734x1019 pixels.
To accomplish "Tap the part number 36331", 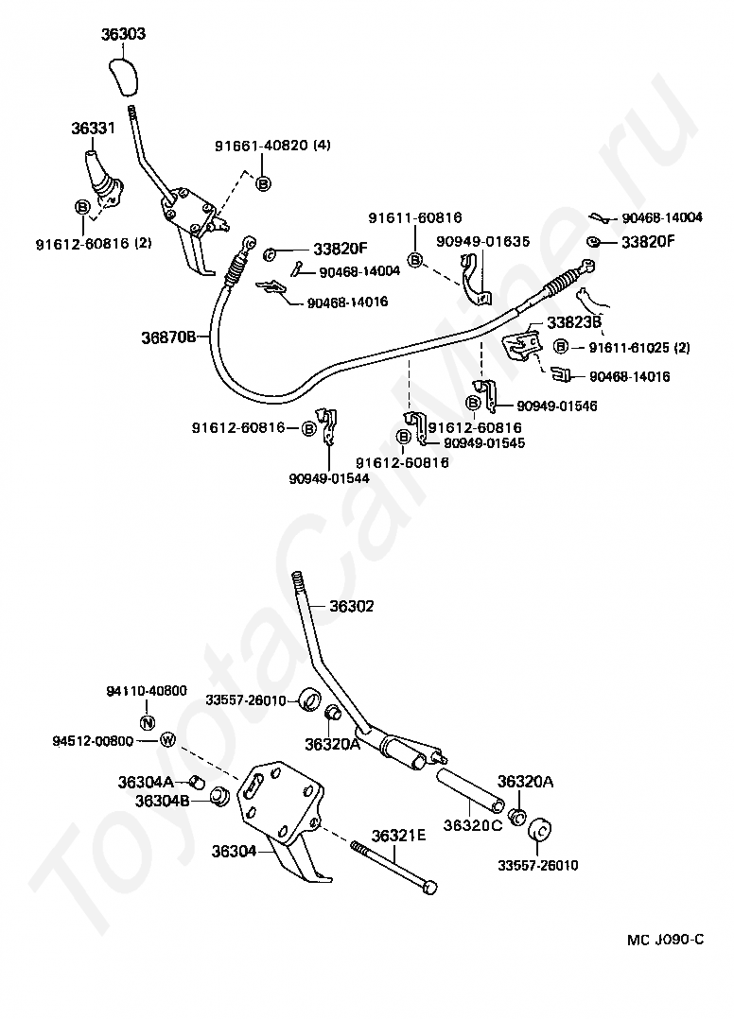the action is pos(93,128).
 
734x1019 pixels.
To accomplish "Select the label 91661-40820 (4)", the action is pos(272,146).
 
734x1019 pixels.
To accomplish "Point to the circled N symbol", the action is pos(148,721).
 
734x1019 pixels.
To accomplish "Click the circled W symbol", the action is pos(167,739).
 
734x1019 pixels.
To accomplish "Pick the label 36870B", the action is pos(168,337).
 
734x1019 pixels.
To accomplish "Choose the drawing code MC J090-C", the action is pos(665,940).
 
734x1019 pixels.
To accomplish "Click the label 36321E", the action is pos(398,835).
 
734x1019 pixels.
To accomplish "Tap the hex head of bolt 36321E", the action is pos(429,888).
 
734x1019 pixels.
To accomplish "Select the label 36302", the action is pos(352,606).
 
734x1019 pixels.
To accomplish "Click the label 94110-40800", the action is pos(147,691).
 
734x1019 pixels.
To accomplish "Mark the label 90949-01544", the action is pos(329,478).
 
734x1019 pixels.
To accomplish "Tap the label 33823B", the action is pos(574,322).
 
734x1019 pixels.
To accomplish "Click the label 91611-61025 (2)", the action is pos(639,348).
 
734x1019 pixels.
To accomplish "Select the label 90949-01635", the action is pos(483,241).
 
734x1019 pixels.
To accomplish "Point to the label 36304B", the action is pos(163,801).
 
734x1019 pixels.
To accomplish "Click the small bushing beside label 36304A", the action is pos(199,781).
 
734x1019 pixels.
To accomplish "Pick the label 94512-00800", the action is pos(93,741).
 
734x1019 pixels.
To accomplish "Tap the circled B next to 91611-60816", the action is pos(414,260).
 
